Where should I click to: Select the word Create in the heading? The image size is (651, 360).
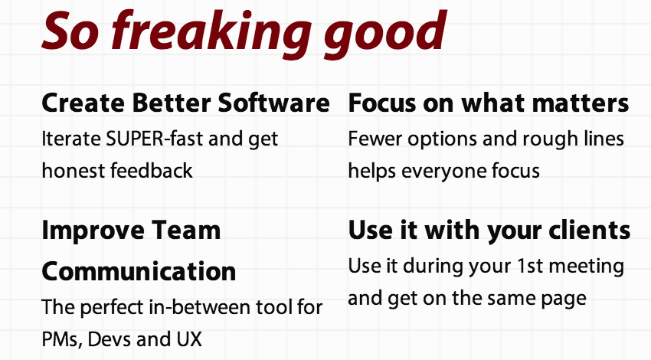83,103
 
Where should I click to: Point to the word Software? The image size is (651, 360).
273,102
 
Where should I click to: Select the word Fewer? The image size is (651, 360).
375,139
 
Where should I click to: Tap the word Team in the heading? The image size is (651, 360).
185,231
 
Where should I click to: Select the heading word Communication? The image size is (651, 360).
139,272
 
